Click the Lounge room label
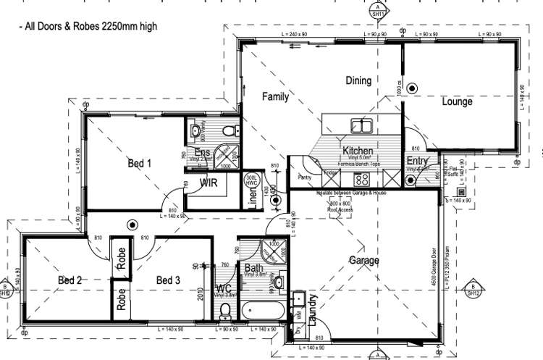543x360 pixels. [x=457, y=102]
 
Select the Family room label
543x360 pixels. [x=275, y=96]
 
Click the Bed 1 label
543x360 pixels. [x=139, y=164]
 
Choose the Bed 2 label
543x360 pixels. [x=70, y=280]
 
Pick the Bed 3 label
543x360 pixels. [x=167, y=280]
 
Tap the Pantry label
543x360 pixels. [x=304, y=176]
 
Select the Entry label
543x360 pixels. [x=417, y=161]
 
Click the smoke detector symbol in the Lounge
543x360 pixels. [x=412, y=88]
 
